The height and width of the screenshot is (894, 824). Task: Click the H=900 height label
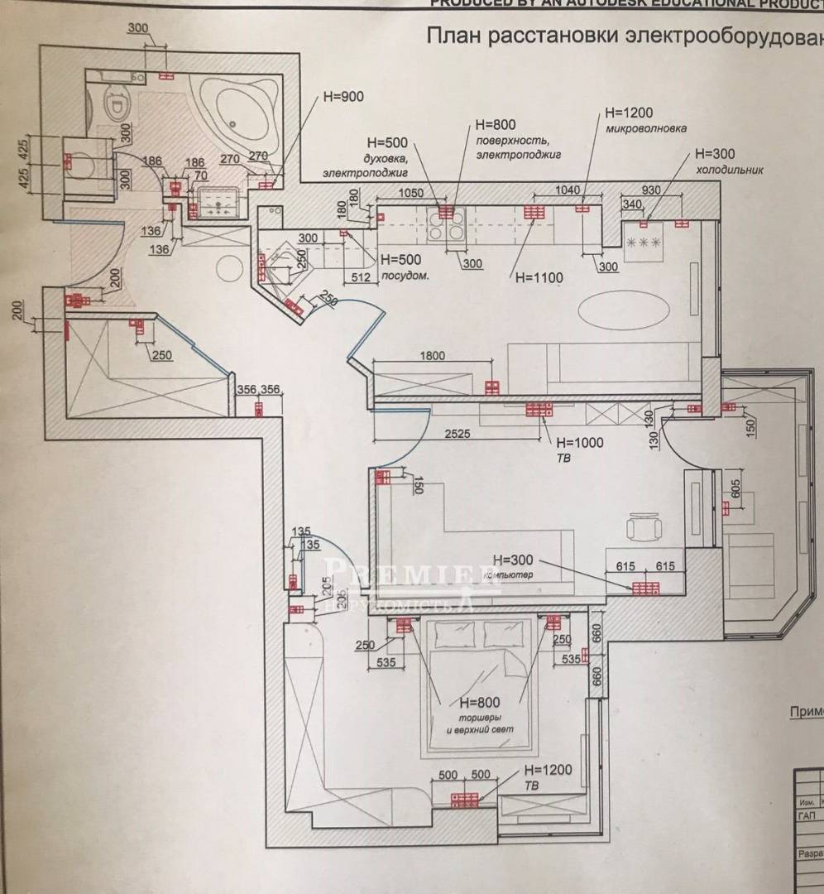[x=343, y=97]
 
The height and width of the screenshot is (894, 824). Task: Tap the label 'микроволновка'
[x=642, y=128]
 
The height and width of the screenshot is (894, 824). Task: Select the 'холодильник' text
[x=728, y=170]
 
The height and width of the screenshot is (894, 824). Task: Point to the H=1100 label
[x=539, y=278]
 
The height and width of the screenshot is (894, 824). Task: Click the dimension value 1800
[x=431, y=356]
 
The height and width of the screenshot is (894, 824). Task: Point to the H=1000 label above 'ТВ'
[x=581, y=442]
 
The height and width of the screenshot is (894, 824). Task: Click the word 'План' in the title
[x=453, y=37]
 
